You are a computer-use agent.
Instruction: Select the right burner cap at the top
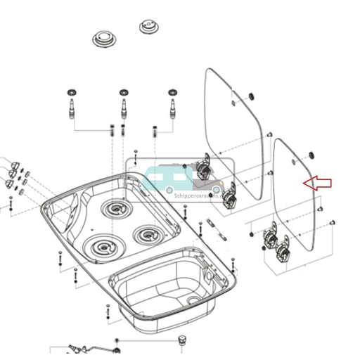pos(149,27)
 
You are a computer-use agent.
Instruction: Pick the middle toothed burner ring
pos(124,92)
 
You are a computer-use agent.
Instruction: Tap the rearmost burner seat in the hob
pos(113,208)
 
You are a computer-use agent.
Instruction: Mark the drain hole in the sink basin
pos(192,300)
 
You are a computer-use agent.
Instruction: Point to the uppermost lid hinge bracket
pos(205,166)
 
